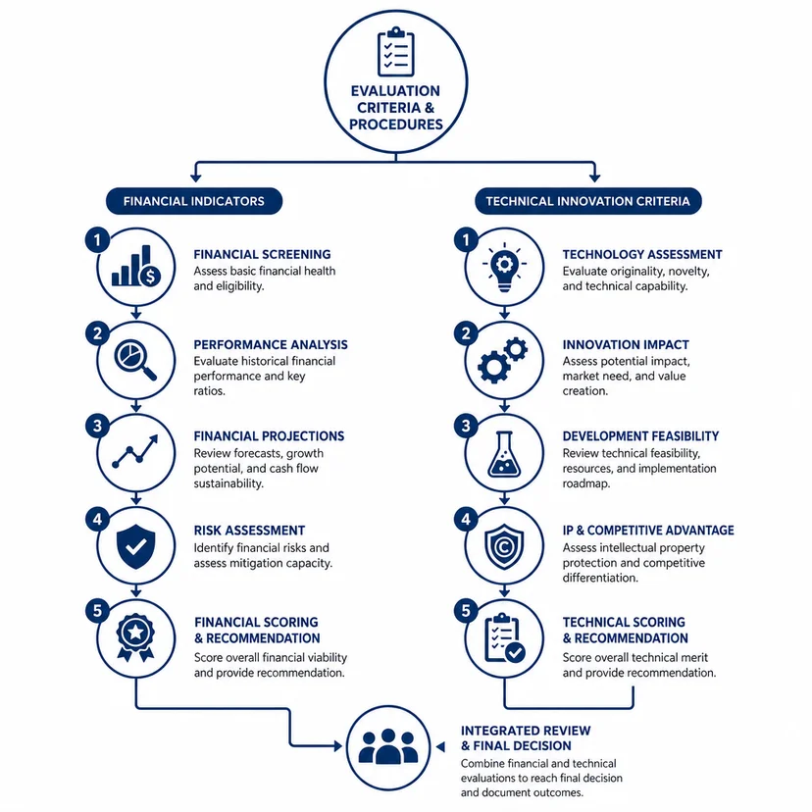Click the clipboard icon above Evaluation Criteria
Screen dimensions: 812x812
[x=396, y=52]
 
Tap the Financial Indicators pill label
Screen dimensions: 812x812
[x=194, y=201]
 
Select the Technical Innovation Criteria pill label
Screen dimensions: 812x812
[x=587, y=201]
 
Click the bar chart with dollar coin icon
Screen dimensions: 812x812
[x=136, y=266]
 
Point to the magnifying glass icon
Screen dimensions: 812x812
[x=135, y=359]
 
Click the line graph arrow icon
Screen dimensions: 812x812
[x=135, y=451]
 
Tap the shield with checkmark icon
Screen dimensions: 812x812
[x=135, y=546]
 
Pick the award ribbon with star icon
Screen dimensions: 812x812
[x=135, y=637]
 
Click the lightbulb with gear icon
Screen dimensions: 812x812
[x=504, y=268]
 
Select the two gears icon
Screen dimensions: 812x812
[x=502, y=360]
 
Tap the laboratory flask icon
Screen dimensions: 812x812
[x=504, y=454]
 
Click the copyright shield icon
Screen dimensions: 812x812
[x=504, y=547]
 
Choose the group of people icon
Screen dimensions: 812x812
[x=388, y=746]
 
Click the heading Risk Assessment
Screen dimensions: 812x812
[x=249, y=531]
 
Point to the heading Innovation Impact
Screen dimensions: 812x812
[x=626, y=344]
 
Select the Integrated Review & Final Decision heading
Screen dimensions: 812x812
[x=526, y=737]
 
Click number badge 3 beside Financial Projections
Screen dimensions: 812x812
[x=97, y=427]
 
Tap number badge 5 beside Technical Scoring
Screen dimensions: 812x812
[x=466, y=611]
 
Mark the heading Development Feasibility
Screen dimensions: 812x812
[x=640, y=436]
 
